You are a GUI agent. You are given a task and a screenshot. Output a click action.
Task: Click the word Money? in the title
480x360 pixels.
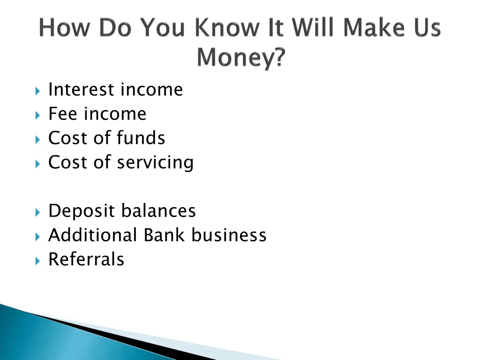tap(240, 58)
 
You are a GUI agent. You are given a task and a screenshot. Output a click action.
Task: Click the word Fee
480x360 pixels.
tap(63, 114)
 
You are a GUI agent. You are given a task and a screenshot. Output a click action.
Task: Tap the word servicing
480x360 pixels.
tap(155, 163)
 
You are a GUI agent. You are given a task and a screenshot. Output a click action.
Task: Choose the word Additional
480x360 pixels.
tap(92, 235)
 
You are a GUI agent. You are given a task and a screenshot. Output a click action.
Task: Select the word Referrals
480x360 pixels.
tap(86, 260)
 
